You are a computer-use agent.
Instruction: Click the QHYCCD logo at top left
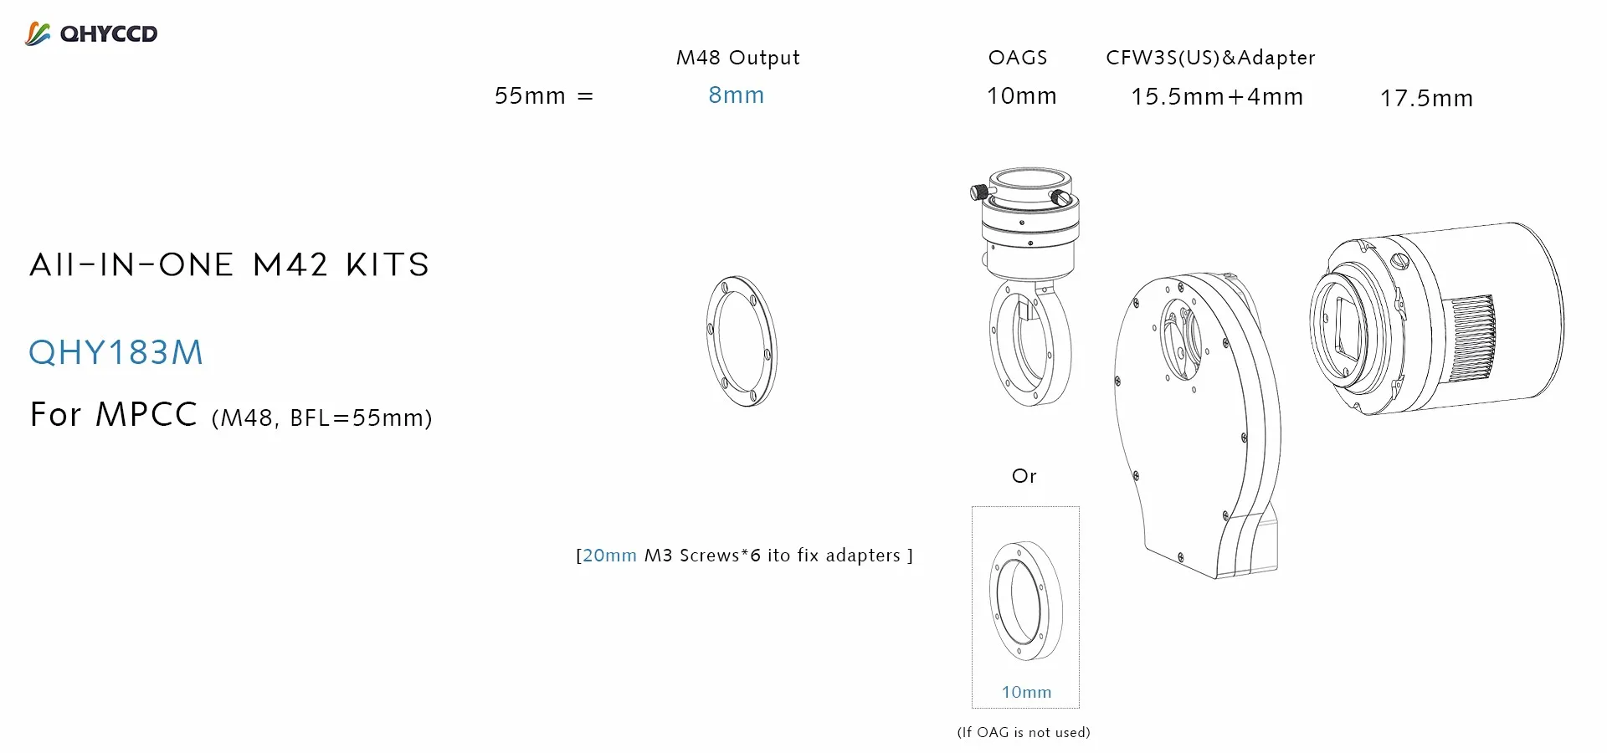(x=91, y=34)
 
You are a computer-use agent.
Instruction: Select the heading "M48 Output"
(x=737, y=58)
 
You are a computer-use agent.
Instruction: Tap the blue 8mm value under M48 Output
(x=736, y=95)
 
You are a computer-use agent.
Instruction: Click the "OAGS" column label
(x=1018, y=58)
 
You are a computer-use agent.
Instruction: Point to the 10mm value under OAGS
(x=1021, y=96)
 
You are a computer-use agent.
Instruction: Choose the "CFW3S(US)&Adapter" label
(x=1210, y=58)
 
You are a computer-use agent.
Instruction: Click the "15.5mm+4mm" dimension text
(x=1217, y=97)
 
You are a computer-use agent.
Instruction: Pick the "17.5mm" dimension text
(x=1426, y=99)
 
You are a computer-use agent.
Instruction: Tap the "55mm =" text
(x=543, y=96)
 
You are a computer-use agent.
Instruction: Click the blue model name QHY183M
(x=116, y=353)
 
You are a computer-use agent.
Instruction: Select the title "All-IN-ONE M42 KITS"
(x=229, y=265)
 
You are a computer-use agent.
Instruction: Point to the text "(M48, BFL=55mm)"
(x=322, y=417)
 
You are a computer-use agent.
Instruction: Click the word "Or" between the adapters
(x=1024, y=476)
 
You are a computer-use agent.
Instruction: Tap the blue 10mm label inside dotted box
(x=1026, y=692)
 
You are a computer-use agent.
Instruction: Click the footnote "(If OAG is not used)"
(x=1024, y=732)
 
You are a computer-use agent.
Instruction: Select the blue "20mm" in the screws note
(x=609, y=556)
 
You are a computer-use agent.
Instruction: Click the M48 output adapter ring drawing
(x=742, y=341)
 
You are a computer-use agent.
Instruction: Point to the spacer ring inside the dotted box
(x=1025, y=601)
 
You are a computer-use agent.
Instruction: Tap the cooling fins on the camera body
(x=1473, y=338)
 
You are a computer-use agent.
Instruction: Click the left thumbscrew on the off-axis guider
(x=978, y=192)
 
